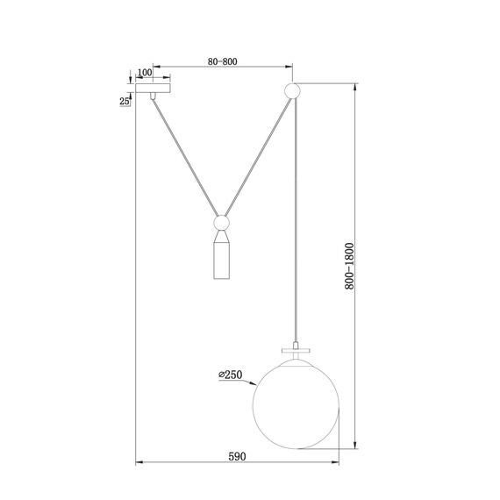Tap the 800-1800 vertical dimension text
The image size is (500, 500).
tap(349, 266)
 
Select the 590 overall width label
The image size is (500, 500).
tap(236, 457)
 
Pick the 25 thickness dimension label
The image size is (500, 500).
tap(124, 102)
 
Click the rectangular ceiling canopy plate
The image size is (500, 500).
tap(154, 89)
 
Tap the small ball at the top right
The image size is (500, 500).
tap(293, 89)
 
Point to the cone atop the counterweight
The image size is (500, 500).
tap(223, 236)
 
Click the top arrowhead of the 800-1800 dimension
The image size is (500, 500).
tap(355, 87)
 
